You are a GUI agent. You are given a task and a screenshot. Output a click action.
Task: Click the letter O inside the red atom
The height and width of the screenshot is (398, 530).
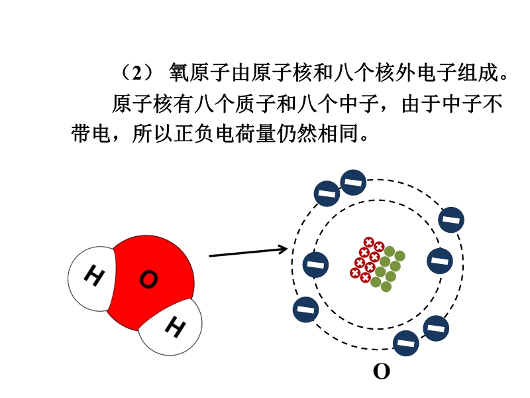[x=149, y=280]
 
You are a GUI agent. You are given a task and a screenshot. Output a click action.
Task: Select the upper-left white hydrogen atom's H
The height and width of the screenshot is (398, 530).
[x=95, y=277]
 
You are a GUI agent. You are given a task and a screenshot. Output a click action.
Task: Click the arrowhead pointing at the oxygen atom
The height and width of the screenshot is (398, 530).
[x=283, y=249]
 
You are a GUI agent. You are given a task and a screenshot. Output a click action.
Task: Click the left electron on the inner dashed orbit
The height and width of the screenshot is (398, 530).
[x=315, y=265]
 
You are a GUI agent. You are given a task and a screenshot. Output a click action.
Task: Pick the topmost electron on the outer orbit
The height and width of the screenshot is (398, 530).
[x=352, y=182]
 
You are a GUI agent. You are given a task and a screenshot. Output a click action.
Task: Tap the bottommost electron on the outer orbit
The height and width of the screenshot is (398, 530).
[x=406, y=343]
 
